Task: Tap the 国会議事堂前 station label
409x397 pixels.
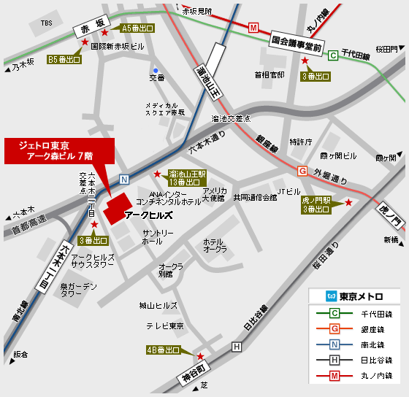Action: (297, 44)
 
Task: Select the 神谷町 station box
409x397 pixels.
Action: (195, 370)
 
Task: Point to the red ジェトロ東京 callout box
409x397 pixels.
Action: (59, 150)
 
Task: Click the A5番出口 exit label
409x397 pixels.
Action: (137, 28)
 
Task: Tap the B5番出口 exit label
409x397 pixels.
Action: (64, 59)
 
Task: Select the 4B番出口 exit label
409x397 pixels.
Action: (163, 350)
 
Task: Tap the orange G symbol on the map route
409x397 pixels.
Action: (302, 171)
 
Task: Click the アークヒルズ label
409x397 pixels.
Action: (148, 215)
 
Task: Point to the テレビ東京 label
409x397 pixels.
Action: (164, 325)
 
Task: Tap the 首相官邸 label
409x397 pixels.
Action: (269, 74)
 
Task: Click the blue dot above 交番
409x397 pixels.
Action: (156, 70)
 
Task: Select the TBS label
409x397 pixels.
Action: (47, 23)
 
